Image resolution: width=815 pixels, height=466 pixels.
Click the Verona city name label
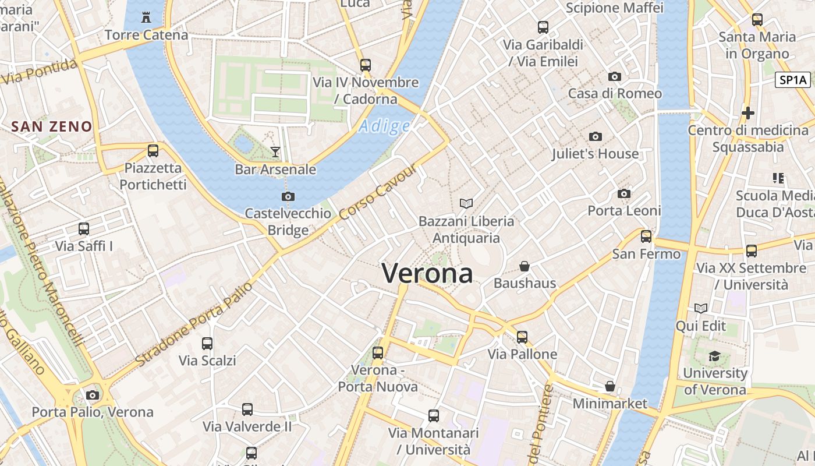click(x=427, y=273)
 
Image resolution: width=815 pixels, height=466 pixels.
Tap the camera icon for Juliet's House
click(x=595, y=136)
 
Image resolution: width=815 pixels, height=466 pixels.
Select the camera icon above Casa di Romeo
click(x=614, y=76)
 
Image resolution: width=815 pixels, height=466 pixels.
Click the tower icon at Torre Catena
click(x=146, y=17)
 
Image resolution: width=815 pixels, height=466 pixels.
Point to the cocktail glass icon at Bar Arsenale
click(x=275, y=152)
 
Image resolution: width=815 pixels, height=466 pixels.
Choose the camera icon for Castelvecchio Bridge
click(x=288, y=196)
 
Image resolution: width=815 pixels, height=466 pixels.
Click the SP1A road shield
click(x=792, y=80)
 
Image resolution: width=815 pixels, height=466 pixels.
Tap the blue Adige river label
click(x=385, y=126)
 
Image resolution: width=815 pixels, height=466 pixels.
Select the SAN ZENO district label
click(x=52, y=126)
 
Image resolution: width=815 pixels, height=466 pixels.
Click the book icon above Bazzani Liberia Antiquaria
click(x=466, y=203)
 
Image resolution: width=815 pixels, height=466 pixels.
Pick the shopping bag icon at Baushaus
click(x=525, y=266)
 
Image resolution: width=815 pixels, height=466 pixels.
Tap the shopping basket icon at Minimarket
click(x=610, y=386)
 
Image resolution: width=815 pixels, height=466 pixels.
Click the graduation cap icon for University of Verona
click(x=714, y=356)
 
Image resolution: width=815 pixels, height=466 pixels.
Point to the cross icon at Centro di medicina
click(x=748, y=113)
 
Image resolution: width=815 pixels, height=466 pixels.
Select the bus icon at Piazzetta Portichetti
click(x=153, y=151)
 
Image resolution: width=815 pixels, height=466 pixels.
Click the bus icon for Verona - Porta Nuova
click(x=378, y=352)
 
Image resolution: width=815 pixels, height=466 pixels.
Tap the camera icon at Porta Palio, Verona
click(x=92, y=395)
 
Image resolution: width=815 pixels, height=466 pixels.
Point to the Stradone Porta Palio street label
click(x=194, y=324)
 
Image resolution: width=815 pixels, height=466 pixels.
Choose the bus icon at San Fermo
click(x=646, y=236)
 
